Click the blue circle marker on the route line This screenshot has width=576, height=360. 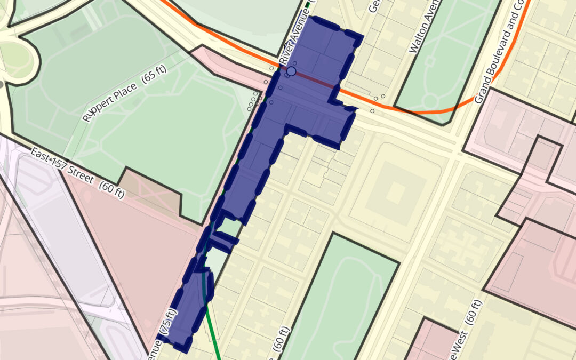291,71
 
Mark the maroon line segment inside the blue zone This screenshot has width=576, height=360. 315,79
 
